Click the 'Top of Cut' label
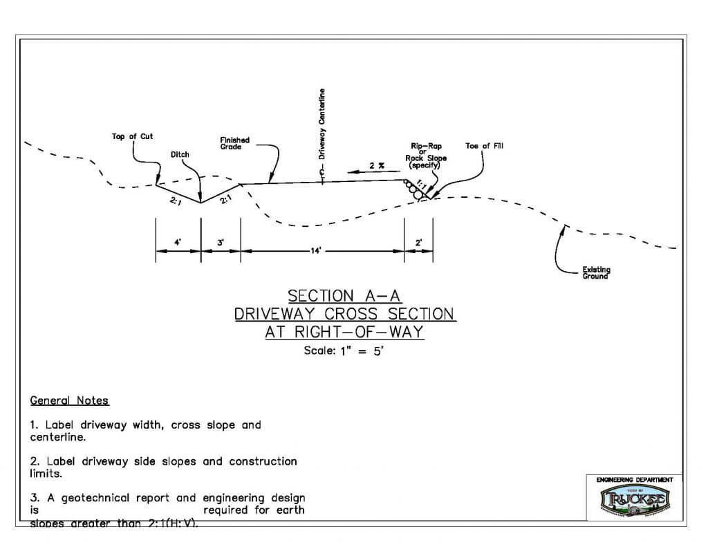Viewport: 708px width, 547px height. tap(132, 136)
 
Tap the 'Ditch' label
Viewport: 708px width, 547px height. tap(180, 155)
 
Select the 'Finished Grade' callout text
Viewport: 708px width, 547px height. tap(234, 143)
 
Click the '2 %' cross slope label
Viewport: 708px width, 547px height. tap(375, 166)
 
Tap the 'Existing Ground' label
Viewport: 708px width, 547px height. tap(596, 273)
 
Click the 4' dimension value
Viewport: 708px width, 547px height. tap(178, 243)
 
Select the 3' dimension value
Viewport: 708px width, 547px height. tap(220, 243)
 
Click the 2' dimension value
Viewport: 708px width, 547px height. tap(419, 243)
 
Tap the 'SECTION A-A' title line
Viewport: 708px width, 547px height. tap(344, 296)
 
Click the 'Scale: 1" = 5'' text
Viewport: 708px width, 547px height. tap(344, 351)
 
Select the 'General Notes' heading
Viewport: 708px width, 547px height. tap(69, 401)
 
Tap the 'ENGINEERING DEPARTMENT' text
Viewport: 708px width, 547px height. tap(635, 479)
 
